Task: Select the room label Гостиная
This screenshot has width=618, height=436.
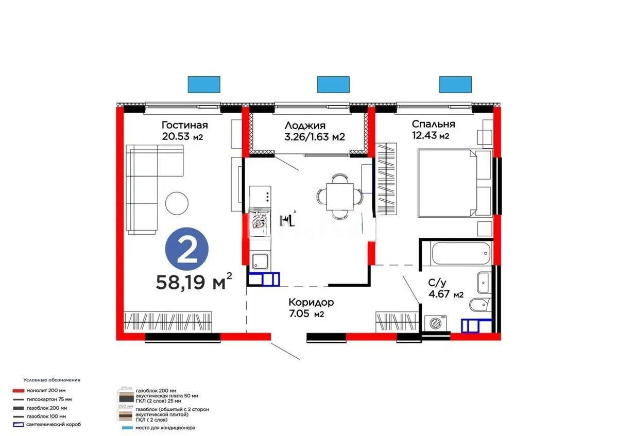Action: [184, 125]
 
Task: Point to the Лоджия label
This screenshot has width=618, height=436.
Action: [304, 125]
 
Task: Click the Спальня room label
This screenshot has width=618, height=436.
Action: [433, 124]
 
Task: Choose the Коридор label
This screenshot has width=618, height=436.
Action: [311, 302]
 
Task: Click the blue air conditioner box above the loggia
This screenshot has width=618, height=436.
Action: [333, 84]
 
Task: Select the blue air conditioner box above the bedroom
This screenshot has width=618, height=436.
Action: [455, 84]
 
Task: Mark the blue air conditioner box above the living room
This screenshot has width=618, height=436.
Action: [204, 84]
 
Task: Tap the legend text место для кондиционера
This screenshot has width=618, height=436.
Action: [165, 428]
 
